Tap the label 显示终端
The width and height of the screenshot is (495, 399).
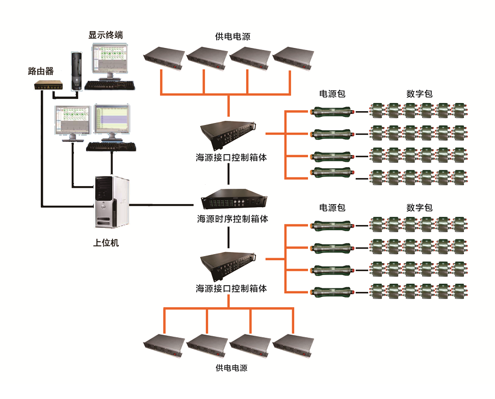(106, 35)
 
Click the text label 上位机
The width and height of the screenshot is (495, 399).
(106, 243)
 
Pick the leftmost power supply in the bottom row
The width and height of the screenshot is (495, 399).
(164, 345)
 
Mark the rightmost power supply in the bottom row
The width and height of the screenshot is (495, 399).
(293, 345)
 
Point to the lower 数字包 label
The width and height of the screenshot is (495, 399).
(420, 208)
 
